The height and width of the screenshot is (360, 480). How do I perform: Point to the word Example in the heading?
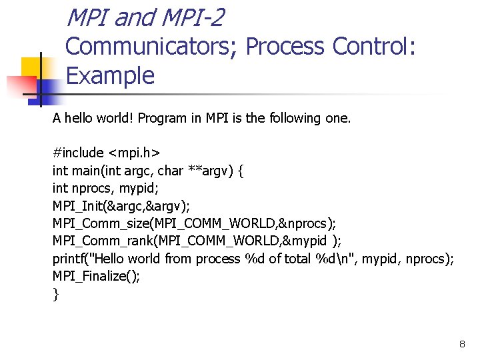tap(111, 75)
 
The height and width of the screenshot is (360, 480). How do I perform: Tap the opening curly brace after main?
tap(241, 171)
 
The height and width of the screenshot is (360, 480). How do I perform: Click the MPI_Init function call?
tap(79, 206)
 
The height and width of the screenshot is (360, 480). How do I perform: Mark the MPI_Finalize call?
tap(96, 276)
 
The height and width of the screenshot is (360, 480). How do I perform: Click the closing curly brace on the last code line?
tap(55, 294)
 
